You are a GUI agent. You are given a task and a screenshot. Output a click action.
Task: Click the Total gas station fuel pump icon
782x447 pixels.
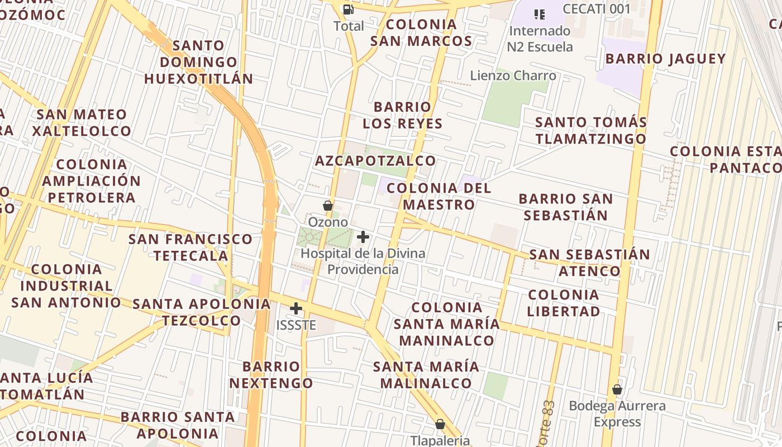348,9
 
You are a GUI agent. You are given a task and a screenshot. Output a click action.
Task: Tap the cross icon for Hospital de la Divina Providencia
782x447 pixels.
363,237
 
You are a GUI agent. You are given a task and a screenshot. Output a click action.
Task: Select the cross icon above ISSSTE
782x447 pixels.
296,308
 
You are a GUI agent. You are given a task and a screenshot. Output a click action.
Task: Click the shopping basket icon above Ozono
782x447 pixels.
328,206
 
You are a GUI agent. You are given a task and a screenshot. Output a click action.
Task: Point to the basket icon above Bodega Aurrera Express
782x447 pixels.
617,389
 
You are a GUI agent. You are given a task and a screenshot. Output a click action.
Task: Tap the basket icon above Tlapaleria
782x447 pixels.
440,424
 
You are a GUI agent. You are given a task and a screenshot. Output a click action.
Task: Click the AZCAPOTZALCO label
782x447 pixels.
375,161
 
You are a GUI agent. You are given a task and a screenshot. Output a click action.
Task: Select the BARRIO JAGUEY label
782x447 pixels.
665,59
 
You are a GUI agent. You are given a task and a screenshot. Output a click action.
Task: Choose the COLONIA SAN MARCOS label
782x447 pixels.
421,32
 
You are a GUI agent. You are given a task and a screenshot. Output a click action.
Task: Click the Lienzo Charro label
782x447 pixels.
513,75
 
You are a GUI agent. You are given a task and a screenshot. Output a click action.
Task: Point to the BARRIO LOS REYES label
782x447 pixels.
403,115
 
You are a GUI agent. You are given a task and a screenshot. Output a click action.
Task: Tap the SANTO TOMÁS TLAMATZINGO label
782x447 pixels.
591,130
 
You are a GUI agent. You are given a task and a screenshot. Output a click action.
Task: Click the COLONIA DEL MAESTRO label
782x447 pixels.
439,196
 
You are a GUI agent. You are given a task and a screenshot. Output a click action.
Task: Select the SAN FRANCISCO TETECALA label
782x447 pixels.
191,248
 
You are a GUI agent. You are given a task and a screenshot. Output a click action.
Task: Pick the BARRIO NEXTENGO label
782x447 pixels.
271,375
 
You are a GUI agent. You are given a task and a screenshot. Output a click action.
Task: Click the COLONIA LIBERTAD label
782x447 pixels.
564,303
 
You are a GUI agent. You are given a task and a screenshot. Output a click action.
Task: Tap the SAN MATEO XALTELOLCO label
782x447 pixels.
82,123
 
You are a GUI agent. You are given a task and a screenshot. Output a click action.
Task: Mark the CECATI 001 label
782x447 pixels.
597,9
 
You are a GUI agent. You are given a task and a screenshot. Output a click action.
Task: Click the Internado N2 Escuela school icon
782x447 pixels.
539,14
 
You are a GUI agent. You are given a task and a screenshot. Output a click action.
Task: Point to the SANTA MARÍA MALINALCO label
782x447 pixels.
426,375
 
